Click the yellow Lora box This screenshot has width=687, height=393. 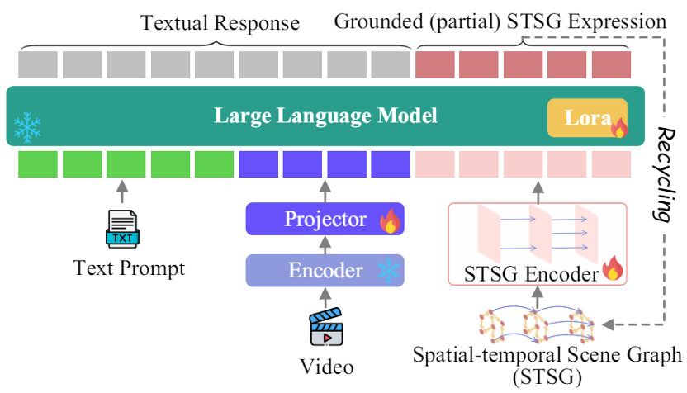(587, 118)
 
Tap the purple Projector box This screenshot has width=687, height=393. (325, 220)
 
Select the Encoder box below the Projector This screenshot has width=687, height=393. (325, 270)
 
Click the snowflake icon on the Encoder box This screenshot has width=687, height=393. (387, 270)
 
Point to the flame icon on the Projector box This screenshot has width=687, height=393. (389, 220)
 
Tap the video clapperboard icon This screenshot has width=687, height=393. (325, 328)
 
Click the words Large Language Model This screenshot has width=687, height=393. (325, 116)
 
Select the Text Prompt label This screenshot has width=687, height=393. (129, 268)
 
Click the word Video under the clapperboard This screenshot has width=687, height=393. (325, 367)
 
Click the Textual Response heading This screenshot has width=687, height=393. (220, 22)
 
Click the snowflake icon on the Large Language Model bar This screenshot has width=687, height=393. (27, 128)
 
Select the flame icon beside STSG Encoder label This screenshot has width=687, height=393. (612, 269)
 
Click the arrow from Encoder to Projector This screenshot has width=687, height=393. (325, 245)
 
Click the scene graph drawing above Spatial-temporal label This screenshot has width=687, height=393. (537, 324)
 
